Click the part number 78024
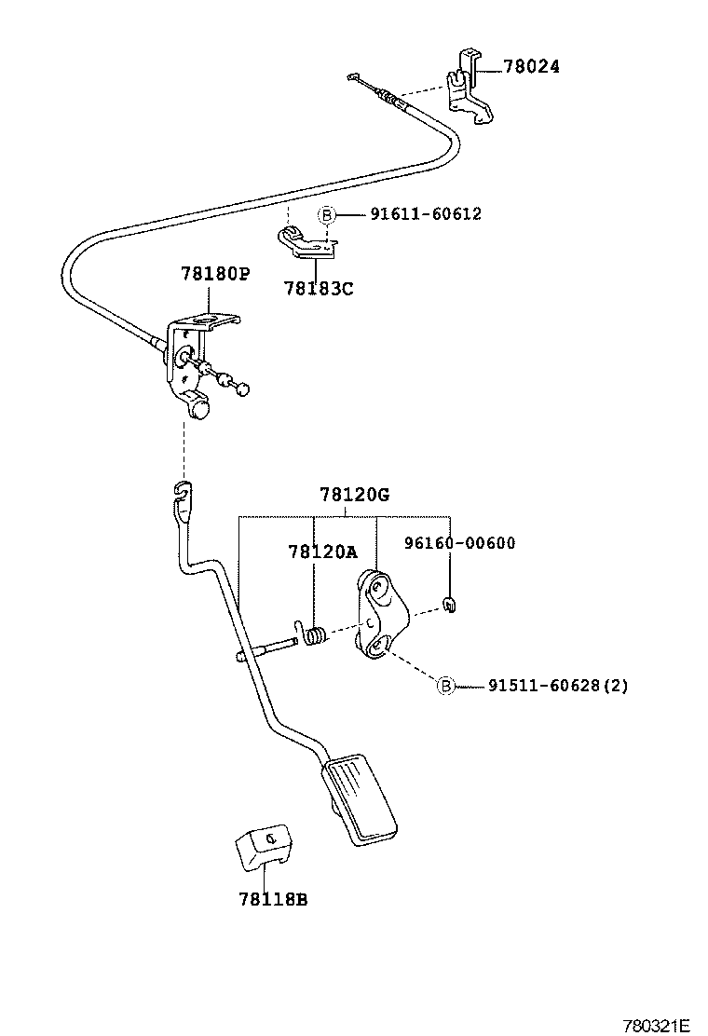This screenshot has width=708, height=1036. point(531,67)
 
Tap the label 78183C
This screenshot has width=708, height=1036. point(319,289)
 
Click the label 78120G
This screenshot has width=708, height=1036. point(354,495)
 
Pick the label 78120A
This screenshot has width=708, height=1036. point(322,552)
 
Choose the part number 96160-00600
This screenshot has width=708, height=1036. point(460,543)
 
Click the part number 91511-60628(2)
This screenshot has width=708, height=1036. point(558,686)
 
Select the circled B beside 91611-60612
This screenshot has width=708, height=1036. point(327,214)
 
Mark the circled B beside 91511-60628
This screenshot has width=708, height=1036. point(445,686)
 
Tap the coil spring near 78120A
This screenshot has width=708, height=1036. point(315,637)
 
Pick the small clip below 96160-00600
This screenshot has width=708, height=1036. point(449,607)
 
